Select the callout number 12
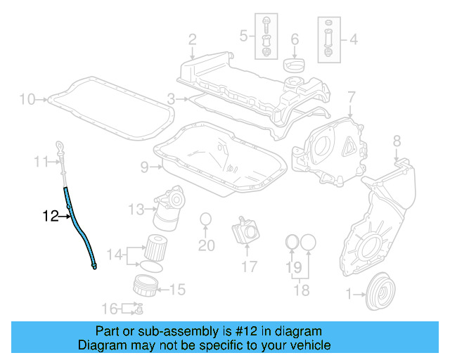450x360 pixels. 51,216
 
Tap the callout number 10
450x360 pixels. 26,99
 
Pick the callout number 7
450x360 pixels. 351,95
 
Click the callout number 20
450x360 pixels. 206,245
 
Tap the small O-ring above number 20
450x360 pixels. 206,219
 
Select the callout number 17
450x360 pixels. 250,266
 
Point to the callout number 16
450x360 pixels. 109,308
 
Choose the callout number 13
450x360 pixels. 135,208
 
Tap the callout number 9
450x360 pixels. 144,167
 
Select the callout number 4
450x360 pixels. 353,39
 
